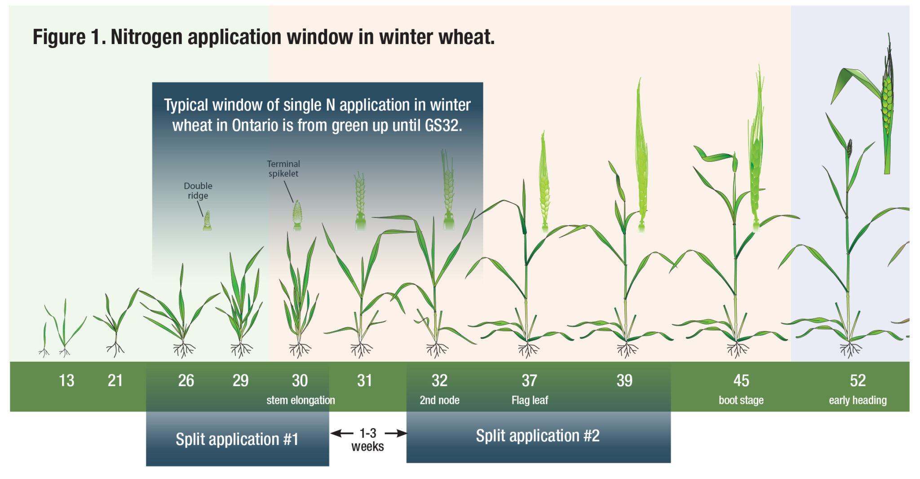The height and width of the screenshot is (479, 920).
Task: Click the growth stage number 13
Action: click(66, 381)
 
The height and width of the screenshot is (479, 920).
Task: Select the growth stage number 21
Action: click(115, 381)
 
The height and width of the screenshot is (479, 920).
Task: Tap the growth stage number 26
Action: click(186, 381)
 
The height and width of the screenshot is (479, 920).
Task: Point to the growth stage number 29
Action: click(240, 381)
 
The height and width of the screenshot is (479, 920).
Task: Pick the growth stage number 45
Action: click(741, 381)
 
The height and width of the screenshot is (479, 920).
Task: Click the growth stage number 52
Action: click(858, 381)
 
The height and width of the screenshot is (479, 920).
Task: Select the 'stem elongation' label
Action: click(301, 400)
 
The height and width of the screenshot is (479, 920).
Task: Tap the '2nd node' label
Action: click(439, 400)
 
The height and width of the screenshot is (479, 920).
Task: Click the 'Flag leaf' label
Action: click(530, 400)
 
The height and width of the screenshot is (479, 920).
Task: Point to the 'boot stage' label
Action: click(741, 400)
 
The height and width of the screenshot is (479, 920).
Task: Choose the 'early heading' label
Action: click(858, 400)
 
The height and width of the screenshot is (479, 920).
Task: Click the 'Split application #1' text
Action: click(237, 439)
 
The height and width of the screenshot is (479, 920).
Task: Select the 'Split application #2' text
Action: click(538, 435)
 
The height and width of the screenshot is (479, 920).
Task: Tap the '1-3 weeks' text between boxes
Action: click(368, 439)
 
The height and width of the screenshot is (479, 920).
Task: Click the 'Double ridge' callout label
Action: click(198, 191)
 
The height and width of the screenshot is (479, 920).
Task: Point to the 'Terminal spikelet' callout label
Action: click(283, 169)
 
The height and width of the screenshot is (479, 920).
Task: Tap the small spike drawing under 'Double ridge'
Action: click(207, 221)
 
